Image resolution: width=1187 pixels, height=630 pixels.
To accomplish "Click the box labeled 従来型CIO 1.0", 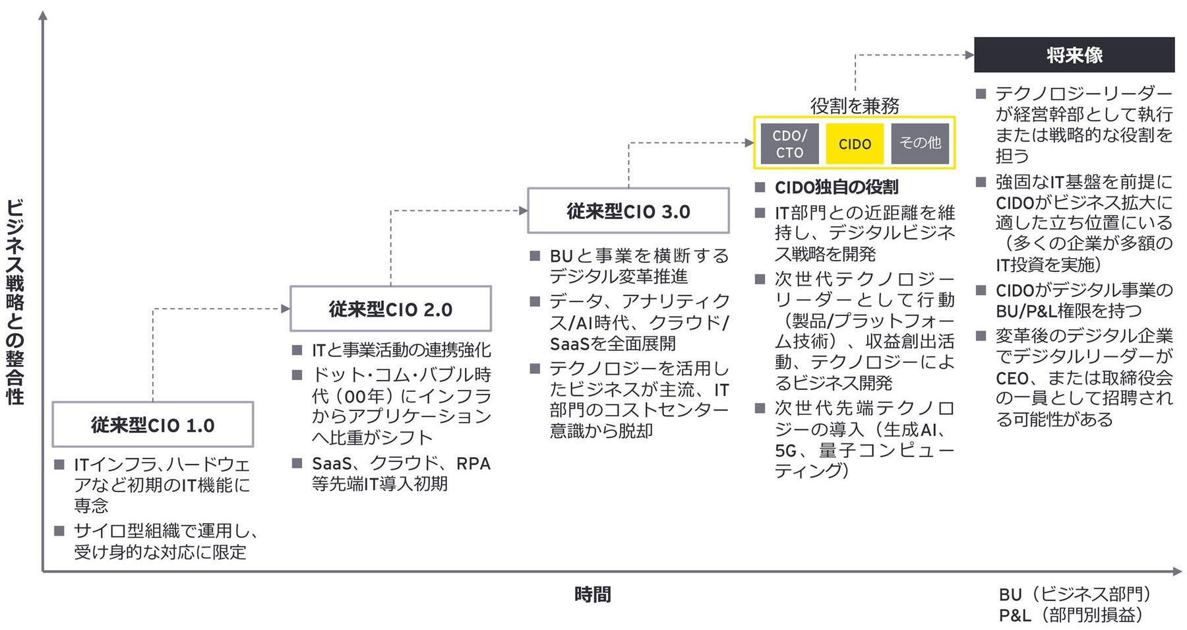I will tap(152, 425).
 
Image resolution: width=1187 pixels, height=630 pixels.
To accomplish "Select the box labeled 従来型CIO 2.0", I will tap(390, 309).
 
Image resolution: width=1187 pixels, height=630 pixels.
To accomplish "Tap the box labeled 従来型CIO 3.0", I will tap(628, 211).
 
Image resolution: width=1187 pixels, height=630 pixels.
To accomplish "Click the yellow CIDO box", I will tap(855, 144).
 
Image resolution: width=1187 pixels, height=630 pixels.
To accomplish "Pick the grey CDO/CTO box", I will tap(789, 144).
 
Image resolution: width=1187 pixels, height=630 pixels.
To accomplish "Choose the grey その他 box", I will tap(920, 143).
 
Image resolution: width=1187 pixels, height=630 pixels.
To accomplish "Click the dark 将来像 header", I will tap(1074, 55).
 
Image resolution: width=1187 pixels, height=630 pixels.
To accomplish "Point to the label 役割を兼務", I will tap(855, 106).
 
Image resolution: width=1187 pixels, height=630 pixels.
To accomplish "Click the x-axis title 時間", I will tap(592, 594).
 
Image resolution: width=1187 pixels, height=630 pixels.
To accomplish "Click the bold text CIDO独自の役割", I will tap(836, 187).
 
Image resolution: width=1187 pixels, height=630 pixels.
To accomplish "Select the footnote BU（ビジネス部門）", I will tap(1075, 594).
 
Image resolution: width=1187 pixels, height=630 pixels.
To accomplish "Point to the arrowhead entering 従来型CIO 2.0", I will tap(286, 309).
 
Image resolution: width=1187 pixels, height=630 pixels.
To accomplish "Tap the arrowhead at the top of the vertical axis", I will tap(43, 15).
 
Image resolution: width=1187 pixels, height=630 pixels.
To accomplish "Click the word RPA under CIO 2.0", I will tap(473, 464).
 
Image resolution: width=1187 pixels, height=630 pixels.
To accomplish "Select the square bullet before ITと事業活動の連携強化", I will tap(297, 350).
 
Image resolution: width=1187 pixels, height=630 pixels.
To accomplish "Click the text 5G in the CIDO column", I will tap(786, 451).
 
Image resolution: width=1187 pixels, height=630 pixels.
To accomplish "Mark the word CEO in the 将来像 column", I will tap(1012, 379).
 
